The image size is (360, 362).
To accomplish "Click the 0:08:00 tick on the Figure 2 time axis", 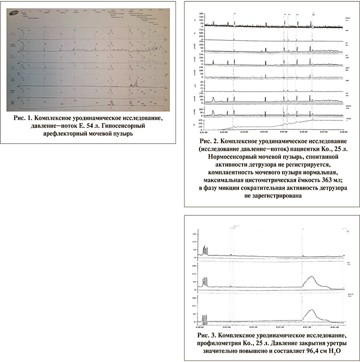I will tap(343, 132).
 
